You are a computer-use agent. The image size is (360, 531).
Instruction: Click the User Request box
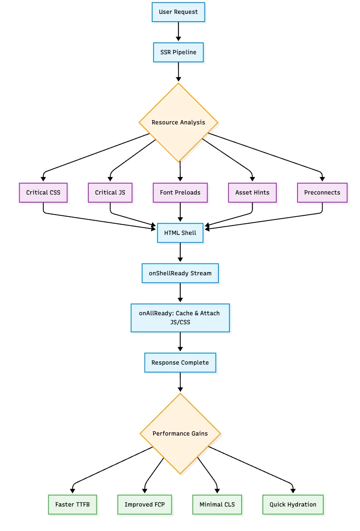tap(178, 12)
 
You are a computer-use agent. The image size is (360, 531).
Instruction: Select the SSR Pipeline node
tap(178, 52)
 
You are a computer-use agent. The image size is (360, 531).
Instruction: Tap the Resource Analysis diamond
tap(178, 122)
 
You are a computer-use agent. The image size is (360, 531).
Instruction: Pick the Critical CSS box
tap(43, 192)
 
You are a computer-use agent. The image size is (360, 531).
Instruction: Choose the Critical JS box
tap(110, 192)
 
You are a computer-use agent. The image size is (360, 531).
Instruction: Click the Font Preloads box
tap(180, 192)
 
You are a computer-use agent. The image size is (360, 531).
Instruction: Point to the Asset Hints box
tap(252, 192)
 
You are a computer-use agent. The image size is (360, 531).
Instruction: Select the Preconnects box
tap(322, 192)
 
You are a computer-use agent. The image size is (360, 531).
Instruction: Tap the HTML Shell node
tap(180, 233)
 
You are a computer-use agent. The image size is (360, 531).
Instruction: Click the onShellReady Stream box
tap(180, 273)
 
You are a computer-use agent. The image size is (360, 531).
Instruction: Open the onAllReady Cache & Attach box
tap(180, 318)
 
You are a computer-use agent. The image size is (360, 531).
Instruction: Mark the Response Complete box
tap(180, 363)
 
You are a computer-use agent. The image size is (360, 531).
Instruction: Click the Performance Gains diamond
tap(180, 434)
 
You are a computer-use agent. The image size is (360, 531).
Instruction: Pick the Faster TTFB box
tap(72, 504)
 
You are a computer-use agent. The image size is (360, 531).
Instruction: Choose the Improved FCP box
tap(144, 504)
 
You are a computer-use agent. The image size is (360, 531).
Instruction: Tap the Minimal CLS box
tap(217, 504)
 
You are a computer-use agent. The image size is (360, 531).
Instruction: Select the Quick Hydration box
tap(293, 504)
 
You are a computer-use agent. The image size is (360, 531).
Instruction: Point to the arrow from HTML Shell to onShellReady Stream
tap(180, 253)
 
